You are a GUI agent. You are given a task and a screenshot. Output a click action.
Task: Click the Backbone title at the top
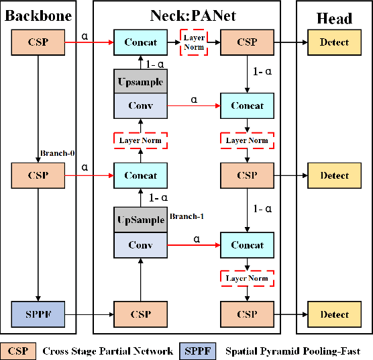point(38,17)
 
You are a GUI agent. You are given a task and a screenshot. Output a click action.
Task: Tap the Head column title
point(334,17)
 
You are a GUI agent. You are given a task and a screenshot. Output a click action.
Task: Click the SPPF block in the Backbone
point(38,314)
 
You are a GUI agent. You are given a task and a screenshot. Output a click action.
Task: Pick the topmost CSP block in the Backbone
point(38,42)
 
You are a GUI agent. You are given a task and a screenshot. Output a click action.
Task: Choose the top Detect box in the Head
point(334,42)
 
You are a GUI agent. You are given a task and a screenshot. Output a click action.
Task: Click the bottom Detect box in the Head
point(334,314)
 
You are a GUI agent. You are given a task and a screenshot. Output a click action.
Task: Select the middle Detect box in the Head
point(334,176)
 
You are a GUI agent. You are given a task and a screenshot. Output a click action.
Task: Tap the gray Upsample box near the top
point(140,81)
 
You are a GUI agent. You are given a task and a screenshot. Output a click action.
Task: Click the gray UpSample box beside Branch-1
point(140,220)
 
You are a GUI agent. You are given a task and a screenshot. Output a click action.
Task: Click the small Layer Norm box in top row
point(194,42)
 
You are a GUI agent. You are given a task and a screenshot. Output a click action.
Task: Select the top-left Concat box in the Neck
point(140,42)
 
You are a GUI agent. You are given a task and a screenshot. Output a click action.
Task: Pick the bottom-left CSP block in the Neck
point(140,314)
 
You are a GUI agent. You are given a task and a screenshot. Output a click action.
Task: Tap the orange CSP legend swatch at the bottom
point(18,351)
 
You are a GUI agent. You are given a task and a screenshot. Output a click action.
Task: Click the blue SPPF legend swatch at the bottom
point(198,351)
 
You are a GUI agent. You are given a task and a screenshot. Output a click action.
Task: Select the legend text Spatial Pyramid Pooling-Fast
point(293,351)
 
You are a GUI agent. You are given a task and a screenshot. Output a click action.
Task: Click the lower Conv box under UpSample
point(140,245)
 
